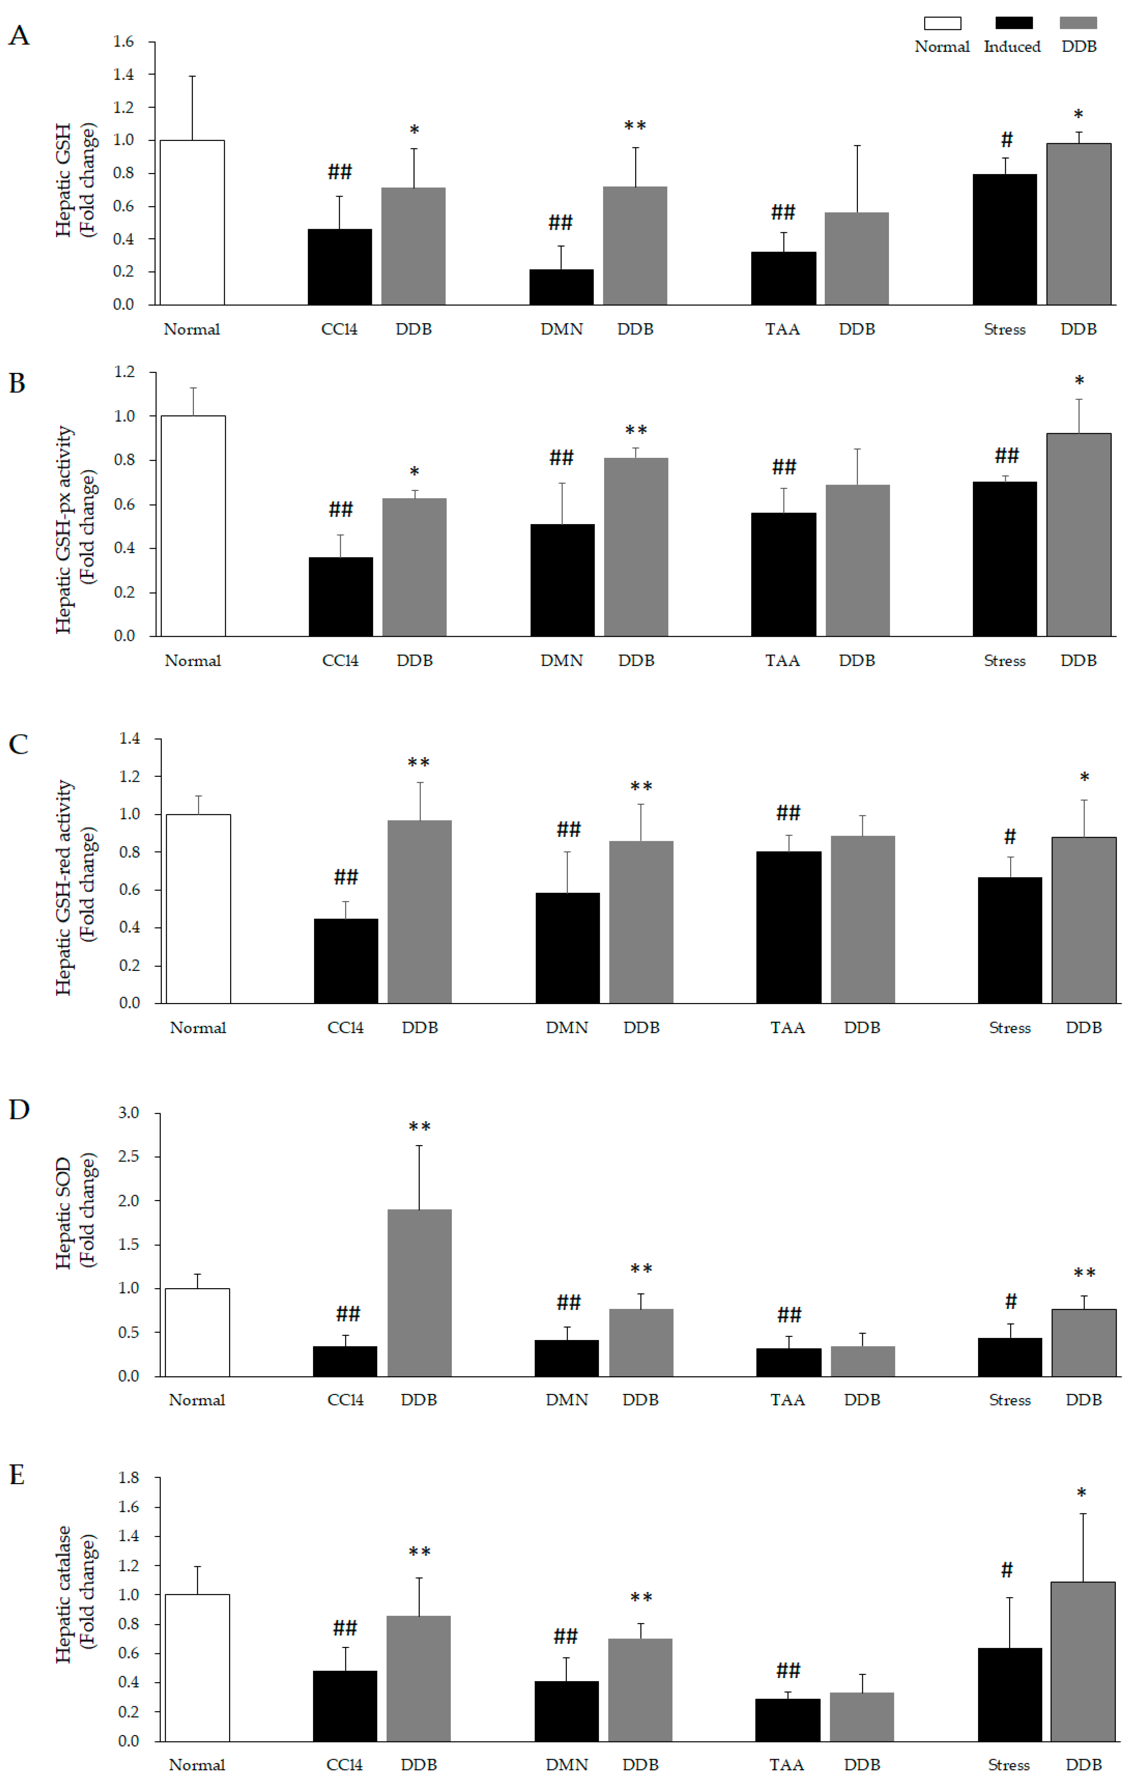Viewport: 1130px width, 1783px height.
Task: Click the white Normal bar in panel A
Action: point(192,222)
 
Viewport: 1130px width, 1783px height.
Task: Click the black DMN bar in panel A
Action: point(561,287)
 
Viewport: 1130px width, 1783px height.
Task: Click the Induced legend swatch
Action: point(1014,23)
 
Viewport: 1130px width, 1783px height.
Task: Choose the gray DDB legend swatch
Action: point(1078,23)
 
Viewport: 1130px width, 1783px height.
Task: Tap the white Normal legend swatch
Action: point(942,23)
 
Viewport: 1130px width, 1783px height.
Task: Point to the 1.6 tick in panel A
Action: point(124,42)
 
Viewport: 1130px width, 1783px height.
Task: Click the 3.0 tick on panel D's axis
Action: point(129,1113)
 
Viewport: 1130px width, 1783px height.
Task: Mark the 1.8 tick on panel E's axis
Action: point(129,1478)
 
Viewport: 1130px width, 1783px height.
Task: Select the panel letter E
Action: point(17,1475)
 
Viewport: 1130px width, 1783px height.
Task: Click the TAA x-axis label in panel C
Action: point(787,1028)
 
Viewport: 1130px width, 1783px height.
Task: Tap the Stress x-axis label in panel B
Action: point(1004,660)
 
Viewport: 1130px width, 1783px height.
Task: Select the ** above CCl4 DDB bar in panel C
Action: point(418,763)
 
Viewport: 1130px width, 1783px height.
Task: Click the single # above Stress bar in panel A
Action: point(1006,139)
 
